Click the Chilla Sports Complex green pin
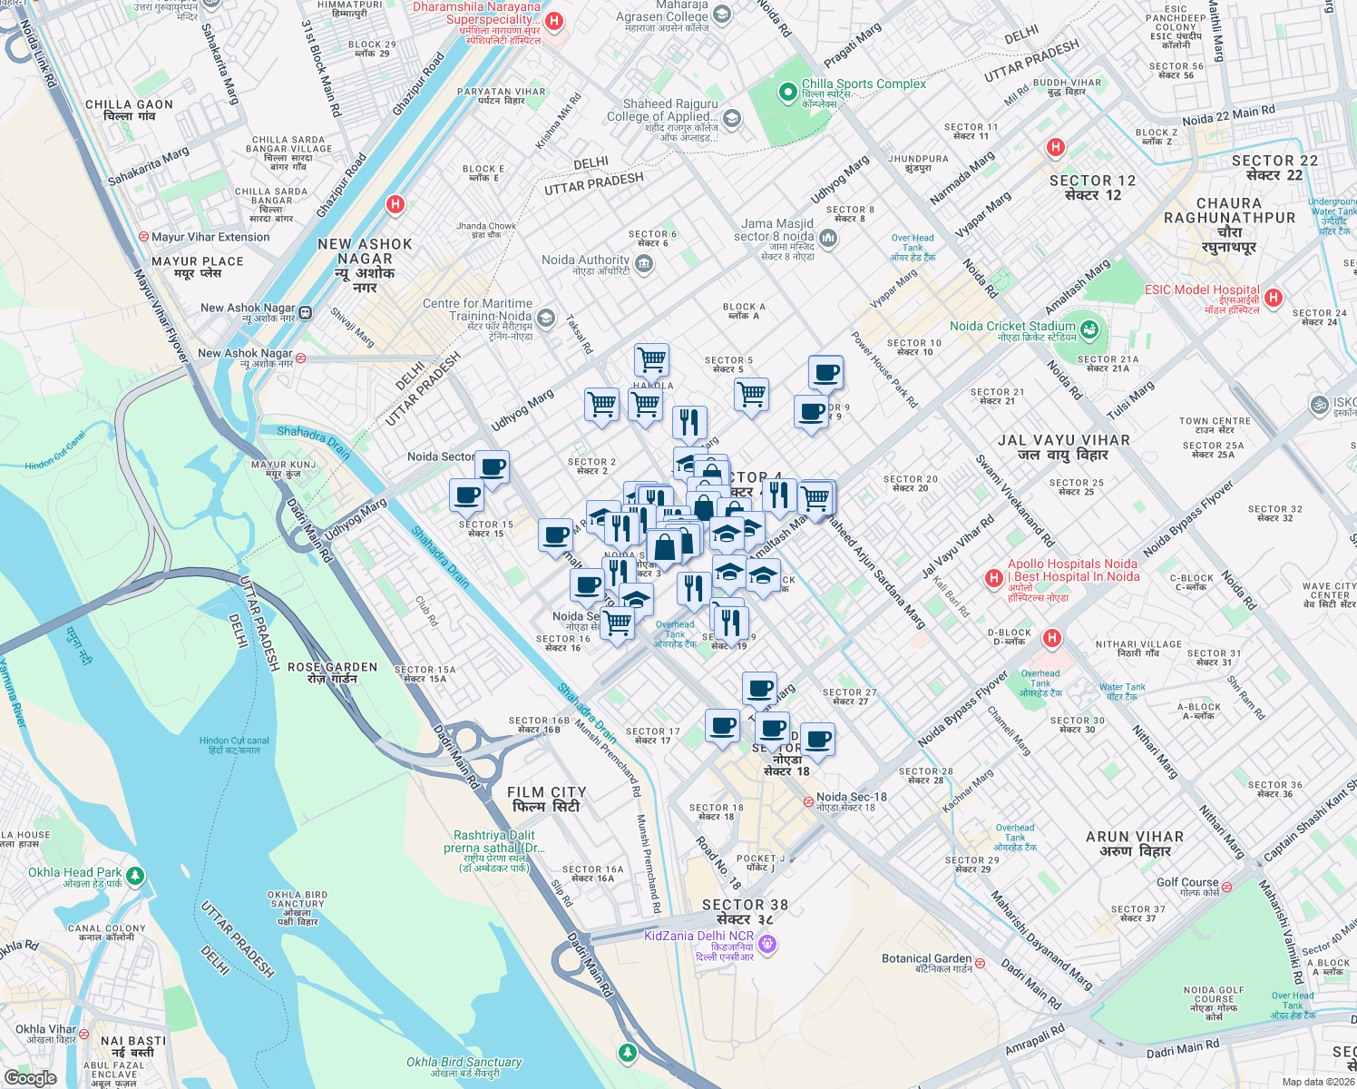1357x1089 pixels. click(788, 92)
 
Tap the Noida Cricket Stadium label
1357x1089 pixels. click(1012, 327)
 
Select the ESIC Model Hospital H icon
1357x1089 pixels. click(1274, 298)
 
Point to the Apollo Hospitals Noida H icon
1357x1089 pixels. click(994, 577)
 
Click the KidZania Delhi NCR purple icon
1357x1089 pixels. click(768, 945)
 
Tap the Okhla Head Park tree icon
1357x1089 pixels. click(135, 876)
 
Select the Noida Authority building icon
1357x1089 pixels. click(644, 264)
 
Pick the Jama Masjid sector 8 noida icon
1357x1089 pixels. click(827, 238)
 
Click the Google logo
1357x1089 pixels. click(31, 1077)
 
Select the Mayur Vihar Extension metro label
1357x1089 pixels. click(210, 237)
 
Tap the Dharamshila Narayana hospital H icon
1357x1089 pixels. click(555, 21)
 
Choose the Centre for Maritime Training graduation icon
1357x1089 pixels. click(546, 318)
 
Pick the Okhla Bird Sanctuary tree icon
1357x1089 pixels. click(627, 1052)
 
